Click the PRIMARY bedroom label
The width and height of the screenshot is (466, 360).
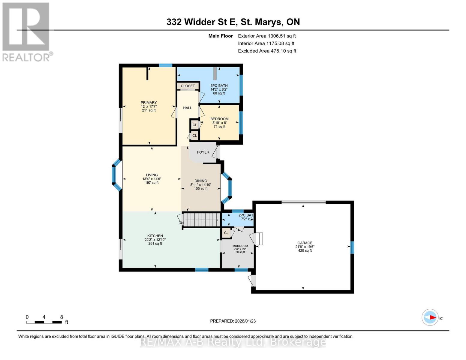tap(149, 103)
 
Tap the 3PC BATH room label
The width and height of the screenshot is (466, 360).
tap(219, 85)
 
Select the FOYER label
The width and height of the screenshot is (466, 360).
tap(203, 152)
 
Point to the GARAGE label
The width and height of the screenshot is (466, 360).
tap(305, 243)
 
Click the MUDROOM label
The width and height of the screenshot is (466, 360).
tap(240, 246)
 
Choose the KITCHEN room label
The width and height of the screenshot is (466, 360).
tap(155, 236)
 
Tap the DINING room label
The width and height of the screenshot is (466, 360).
tap(201, 181)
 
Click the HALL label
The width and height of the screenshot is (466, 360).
tap(188, 108)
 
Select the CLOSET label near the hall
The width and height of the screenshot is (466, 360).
tap(188, 86)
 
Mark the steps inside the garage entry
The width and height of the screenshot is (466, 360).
tap(258, 239)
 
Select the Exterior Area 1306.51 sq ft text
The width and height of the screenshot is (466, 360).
tap(267, 36)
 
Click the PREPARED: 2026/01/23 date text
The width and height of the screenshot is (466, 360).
tap(233, 321)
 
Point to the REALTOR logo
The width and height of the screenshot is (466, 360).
tap(26, 32)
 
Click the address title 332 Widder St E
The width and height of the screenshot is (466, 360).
tap(233, 22)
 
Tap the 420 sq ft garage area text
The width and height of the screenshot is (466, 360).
tap(305, 250)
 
